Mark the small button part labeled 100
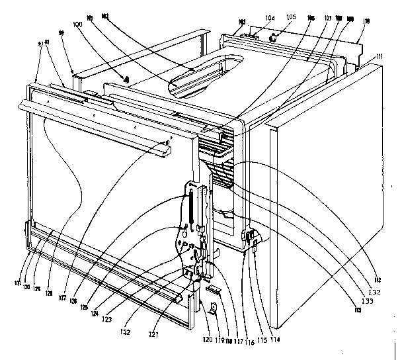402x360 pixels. [124, 80]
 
